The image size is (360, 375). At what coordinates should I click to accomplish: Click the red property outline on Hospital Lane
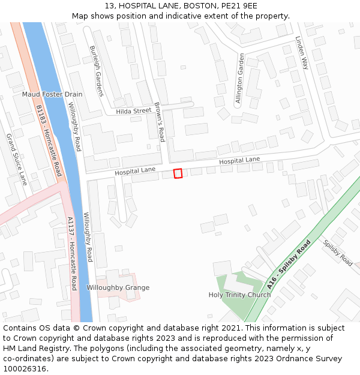pos(178,173)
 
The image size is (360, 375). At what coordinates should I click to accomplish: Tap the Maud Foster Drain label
pos(52,95)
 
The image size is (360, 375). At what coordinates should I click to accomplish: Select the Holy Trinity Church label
pos(239,295)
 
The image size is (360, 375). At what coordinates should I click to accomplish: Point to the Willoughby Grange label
pos(118,287)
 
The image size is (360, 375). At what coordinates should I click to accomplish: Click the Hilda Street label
pos(134,111)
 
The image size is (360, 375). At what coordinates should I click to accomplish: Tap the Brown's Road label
pos(159,122)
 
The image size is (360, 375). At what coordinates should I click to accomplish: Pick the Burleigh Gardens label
pos(97,71)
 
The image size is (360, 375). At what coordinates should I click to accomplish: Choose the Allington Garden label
pos(240,79)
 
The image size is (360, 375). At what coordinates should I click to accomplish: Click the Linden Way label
pos(301,53)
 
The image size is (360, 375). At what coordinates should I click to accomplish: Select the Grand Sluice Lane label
pos(16,159)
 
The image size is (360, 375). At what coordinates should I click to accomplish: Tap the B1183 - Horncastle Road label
pos(49,140)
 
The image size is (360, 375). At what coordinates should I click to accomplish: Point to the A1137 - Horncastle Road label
pos(72,253)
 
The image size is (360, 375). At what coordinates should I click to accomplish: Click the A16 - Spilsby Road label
pos(289,265)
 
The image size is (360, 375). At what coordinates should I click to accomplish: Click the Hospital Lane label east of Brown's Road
pos(239,161)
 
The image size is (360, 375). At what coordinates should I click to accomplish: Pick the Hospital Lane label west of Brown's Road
pos(135,171)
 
